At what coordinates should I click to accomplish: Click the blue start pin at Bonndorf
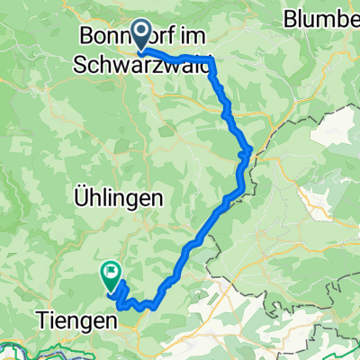pos(142,34)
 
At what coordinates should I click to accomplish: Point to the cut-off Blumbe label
pos(320,18)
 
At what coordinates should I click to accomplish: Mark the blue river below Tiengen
pos(54,347)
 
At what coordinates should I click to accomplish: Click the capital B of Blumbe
pos(291,18)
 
